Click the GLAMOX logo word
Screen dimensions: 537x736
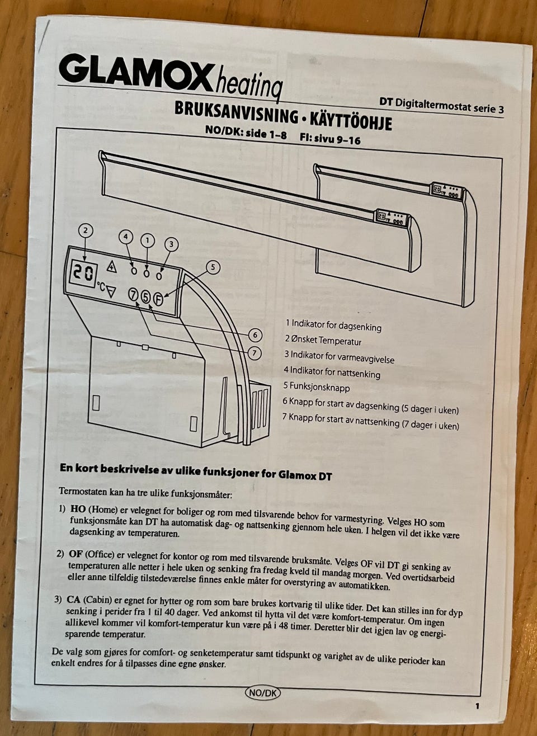[134, 72]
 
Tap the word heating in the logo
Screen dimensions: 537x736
[248, 82]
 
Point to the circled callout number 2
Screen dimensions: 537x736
[86, 230]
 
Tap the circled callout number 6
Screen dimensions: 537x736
[255, 335]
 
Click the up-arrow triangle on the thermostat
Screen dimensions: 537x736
[112, 266]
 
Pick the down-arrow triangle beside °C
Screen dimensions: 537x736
[111, 291]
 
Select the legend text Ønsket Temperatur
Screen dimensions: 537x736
[326, 341]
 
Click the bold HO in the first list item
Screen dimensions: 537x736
[78, 509]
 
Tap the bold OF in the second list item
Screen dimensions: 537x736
[75, 554]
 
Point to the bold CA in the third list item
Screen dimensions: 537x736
[73, 599]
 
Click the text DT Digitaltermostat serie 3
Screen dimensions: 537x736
[441, 105]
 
